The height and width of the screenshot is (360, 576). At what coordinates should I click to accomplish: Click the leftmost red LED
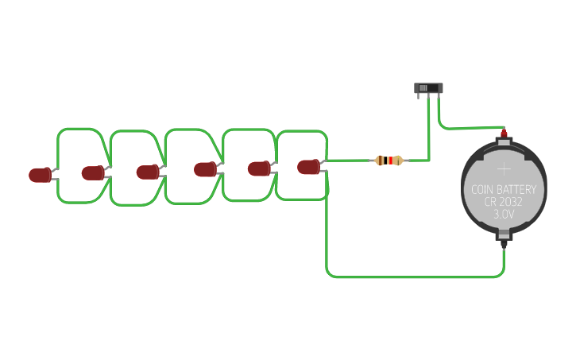[x=40, y=175]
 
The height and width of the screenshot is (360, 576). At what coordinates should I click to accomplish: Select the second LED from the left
[x=92, y=172]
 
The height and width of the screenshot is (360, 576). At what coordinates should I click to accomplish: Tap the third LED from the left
[x=147, y=172]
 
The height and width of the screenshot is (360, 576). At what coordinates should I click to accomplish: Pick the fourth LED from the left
[x=205, y=169]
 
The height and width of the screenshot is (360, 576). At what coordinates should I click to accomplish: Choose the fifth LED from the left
[x=258, y=168]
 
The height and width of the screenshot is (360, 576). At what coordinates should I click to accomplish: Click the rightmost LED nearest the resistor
[x=308, y=167]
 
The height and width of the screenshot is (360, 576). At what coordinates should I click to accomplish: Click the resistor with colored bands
[x=389, y=161]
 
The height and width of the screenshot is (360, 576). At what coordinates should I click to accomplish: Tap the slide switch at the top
[x=429, y=88]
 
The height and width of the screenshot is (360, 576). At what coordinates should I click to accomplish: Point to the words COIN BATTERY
[x=504, y=189]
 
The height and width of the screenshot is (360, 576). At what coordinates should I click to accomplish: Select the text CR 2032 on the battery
[x=504, y=202]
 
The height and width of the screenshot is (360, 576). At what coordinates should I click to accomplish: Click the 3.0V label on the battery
[x=504, y=215]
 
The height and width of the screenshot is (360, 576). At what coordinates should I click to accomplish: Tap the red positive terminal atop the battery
[x=504, y=134]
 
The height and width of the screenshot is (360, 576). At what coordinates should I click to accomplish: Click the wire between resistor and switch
[x=429, y=135]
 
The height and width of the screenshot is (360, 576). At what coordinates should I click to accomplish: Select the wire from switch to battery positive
[x=469, y=127]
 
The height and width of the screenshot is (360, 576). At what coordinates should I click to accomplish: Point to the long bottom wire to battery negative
[x=413, y=277]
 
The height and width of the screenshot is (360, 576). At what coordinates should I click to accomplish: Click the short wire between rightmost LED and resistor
[x=350, y=161]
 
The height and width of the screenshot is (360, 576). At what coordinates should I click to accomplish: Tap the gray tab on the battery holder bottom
[x=504, y=234]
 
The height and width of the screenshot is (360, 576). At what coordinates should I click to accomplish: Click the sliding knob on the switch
[x=423, y=87]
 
